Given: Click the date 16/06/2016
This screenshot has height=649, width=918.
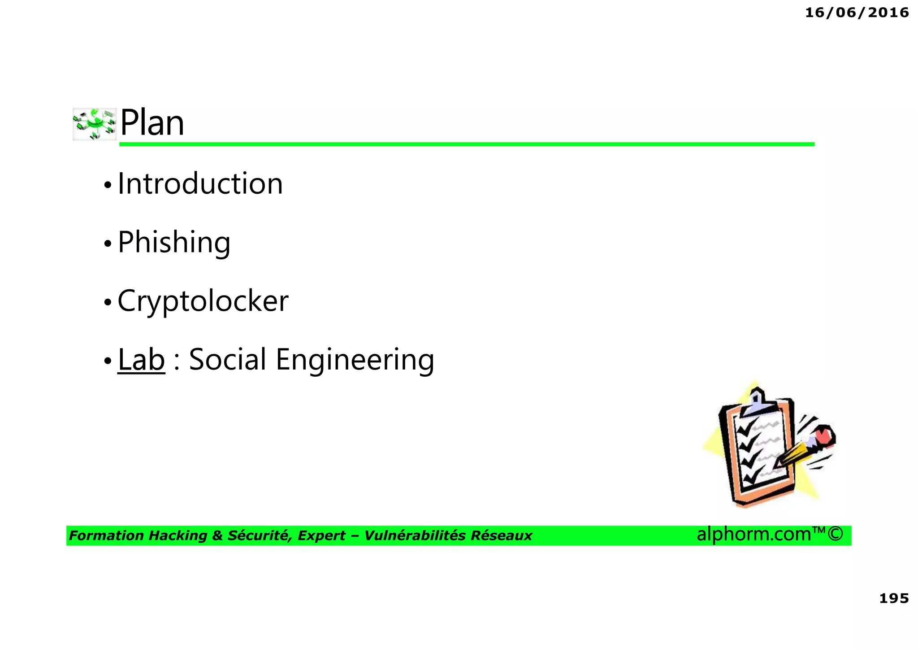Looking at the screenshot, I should [x=857, y=13].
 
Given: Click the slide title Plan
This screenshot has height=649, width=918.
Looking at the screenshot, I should [x=152, y=123].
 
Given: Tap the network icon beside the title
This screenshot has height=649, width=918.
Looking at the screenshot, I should [x=95, y=124].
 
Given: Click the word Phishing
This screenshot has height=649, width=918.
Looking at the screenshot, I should [x=174, y=243].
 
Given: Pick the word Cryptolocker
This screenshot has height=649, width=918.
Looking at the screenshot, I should [x=203, y=301].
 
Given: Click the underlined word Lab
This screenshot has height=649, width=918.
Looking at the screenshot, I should [x=141, y=359].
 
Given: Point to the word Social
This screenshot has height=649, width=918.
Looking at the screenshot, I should [x=228, y=359].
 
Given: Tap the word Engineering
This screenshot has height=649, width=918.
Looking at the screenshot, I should [x=355, y=360].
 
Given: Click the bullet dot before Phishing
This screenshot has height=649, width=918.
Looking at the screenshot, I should [x=108, y=244].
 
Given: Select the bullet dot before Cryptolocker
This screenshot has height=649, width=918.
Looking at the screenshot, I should [x=108, y=302].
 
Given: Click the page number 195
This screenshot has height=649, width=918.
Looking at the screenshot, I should [x=894, y=598].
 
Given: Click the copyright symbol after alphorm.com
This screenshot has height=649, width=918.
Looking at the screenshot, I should [x=835, y=534].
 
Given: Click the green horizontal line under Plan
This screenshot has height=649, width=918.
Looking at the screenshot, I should [x=466, y=144].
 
